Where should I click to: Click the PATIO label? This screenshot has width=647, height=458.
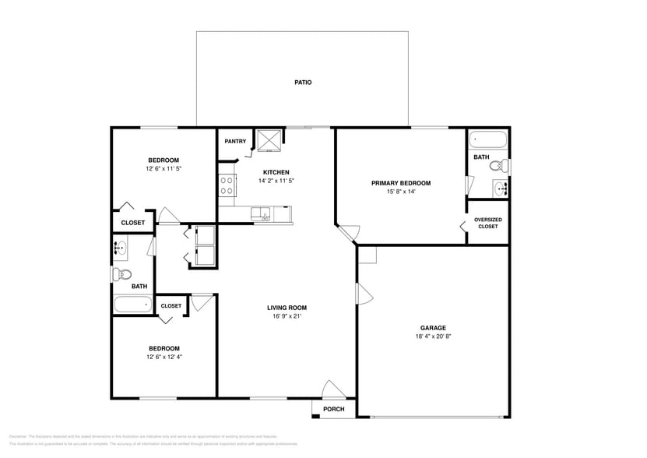[303, 82]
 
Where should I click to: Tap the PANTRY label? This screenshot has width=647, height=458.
[235, 141]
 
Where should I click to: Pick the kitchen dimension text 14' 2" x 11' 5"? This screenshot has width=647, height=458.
[276, 181]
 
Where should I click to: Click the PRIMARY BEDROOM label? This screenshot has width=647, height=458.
[400, 183]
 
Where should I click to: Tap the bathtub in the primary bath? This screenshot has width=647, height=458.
[488, 141]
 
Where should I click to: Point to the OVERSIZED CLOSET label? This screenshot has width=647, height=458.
[487, 223]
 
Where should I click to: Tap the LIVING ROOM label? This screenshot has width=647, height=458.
[287, 307]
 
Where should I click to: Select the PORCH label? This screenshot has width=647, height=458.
[333, 409]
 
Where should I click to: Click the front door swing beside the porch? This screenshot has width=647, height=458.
[333, 389]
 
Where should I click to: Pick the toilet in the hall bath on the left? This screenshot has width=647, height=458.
[121, 273]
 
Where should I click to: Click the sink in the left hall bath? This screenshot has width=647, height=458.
[121, 249]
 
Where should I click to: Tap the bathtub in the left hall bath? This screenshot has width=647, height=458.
[132, 305]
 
